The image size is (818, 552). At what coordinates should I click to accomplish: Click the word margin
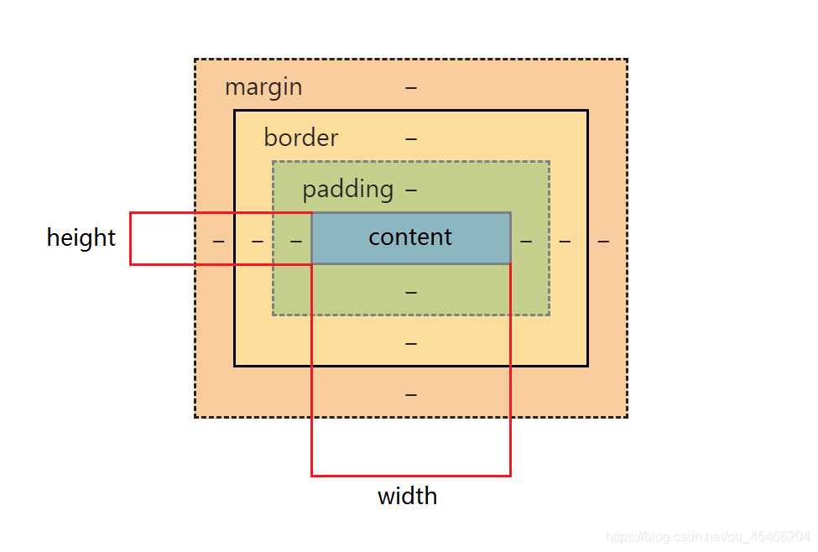click(263, 87)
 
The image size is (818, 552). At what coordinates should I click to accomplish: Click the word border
click(300, 138)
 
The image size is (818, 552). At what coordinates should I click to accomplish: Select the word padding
click(347, 190)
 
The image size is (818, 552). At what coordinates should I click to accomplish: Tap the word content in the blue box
click(410, 237)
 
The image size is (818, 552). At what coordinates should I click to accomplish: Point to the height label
click(81, 238)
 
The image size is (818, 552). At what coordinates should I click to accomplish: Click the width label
click(407, 497)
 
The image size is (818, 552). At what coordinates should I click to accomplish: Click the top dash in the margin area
click(411, 87)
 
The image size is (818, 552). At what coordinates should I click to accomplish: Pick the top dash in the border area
click(411, 138)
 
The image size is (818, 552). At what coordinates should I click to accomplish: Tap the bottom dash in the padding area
click(411, 292)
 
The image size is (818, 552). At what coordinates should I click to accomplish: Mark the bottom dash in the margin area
click(411, 394)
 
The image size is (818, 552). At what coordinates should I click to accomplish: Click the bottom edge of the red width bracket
click(411, 476)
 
